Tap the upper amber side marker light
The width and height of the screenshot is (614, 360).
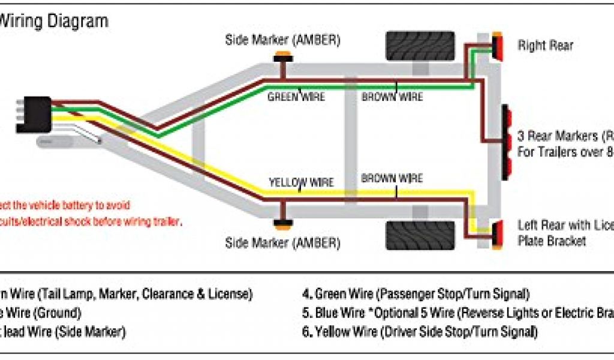click(281, 58)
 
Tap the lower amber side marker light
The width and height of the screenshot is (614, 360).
click(281, 224)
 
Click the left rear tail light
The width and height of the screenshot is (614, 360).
click(497, 235)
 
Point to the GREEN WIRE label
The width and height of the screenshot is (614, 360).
click(296, 96)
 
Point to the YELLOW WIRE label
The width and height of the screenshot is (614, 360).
click(301, 182)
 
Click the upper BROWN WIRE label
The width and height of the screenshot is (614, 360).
click(392, 96)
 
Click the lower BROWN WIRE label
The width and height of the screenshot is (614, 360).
click(392, 178)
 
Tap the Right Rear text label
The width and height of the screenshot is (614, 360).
click(545, 45)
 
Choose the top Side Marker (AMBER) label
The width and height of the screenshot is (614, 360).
click(282, 40)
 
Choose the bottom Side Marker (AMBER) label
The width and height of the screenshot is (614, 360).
click(282, 243)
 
